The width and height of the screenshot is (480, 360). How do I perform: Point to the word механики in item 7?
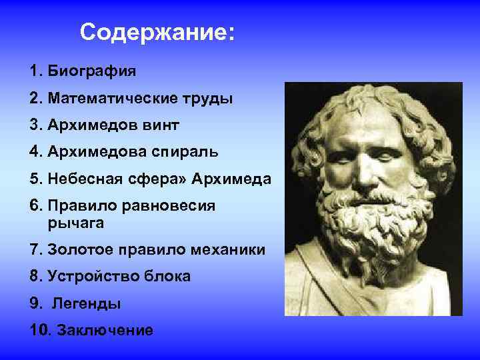pyautogui.click(x=229, y=250)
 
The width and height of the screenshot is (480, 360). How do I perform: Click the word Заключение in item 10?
pyautogui.click(x=105, y=330)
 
